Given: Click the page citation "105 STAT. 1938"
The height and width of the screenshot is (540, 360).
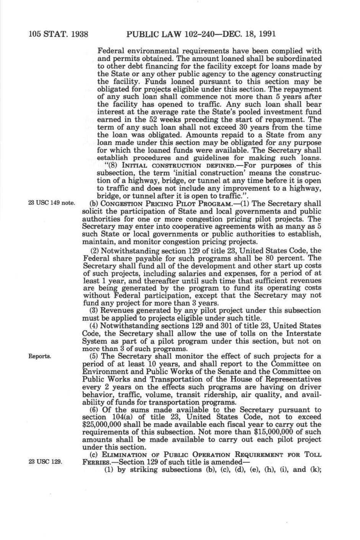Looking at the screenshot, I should (58, 34).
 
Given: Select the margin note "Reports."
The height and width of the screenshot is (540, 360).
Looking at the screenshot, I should (40, 356).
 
